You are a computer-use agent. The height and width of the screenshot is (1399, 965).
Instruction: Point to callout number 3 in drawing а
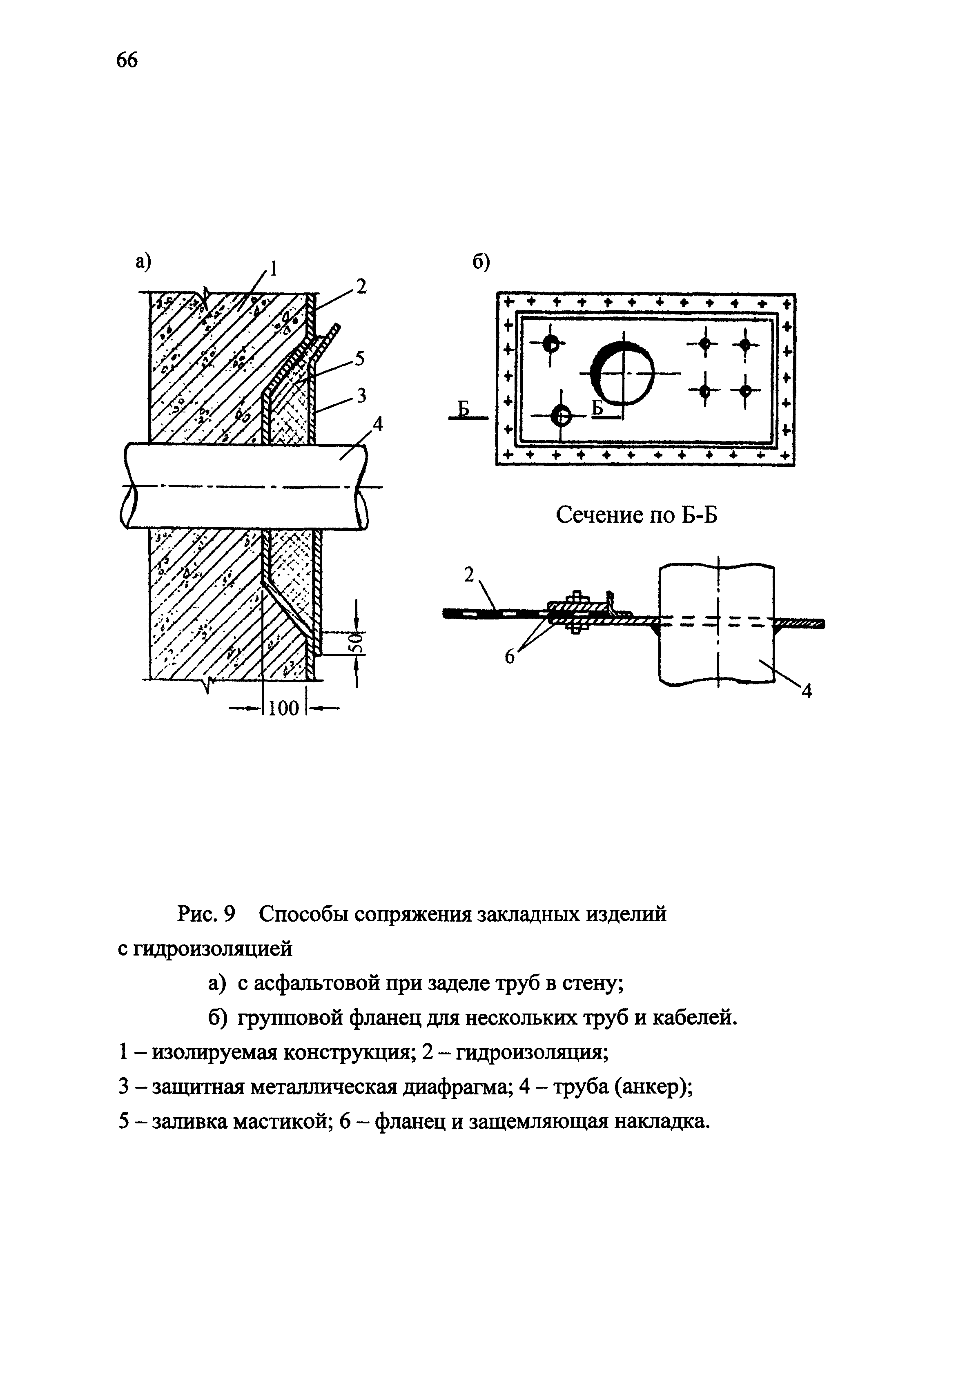click(x=361, y=395)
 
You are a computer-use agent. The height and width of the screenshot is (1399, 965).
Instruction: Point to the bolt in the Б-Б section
click(x=575, y=612)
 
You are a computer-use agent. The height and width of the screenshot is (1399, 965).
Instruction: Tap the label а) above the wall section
click(x=143, y=261)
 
